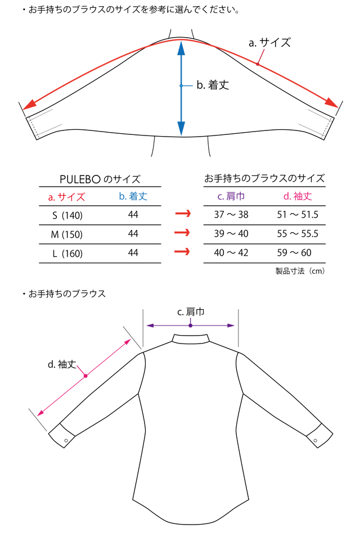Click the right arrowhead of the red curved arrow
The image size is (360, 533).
(x=334, y=105)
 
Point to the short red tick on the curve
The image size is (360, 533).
(x=260, y=57)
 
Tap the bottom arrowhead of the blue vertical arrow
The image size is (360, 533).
(x=181, y=129)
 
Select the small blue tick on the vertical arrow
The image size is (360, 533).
(x=187, y=86)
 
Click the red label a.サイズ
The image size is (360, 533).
(x=66, y=197)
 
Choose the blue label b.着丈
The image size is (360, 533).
(x=133, y=196)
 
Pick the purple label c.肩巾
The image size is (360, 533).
(x=231, y=196)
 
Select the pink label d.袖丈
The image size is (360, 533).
(x=297, y=196)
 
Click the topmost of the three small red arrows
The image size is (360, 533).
(x=183, y=214)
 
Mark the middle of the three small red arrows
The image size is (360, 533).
(x=183, y=232)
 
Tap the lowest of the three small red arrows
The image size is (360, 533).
(x=183, y=251)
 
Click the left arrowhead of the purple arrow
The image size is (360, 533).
(x=149, y=325)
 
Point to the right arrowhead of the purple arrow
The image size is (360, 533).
(x=231, y=325)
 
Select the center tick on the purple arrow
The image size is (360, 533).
(x=190, y=323)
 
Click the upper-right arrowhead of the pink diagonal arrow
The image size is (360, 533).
(x=128, y=341)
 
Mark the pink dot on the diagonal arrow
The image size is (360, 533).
(x=85, y=376)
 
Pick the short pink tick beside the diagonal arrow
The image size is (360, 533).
(x=80, y=369)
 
